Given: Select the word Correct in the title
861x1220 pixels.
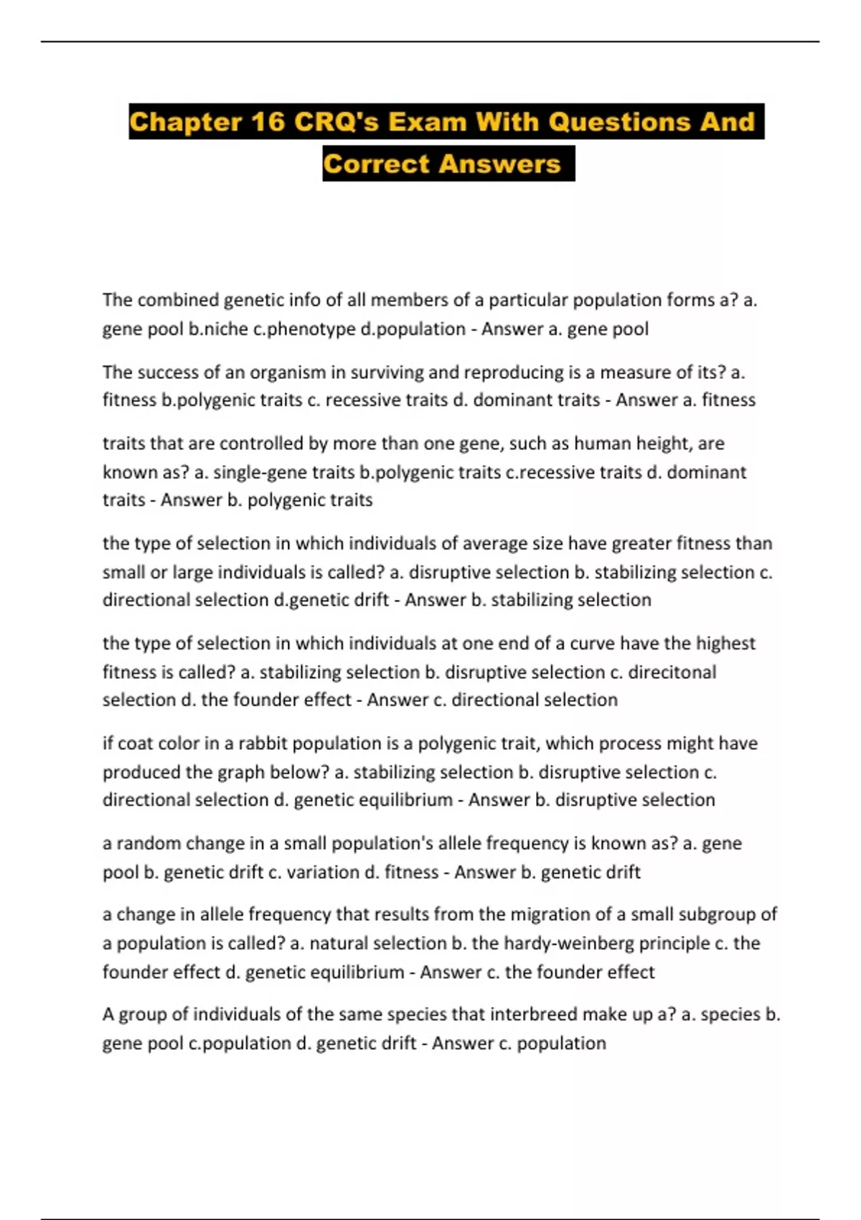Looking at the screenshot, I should pos(376,164).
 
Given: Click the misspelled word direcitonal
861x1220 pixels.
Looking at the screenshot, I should pos(672,672).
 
